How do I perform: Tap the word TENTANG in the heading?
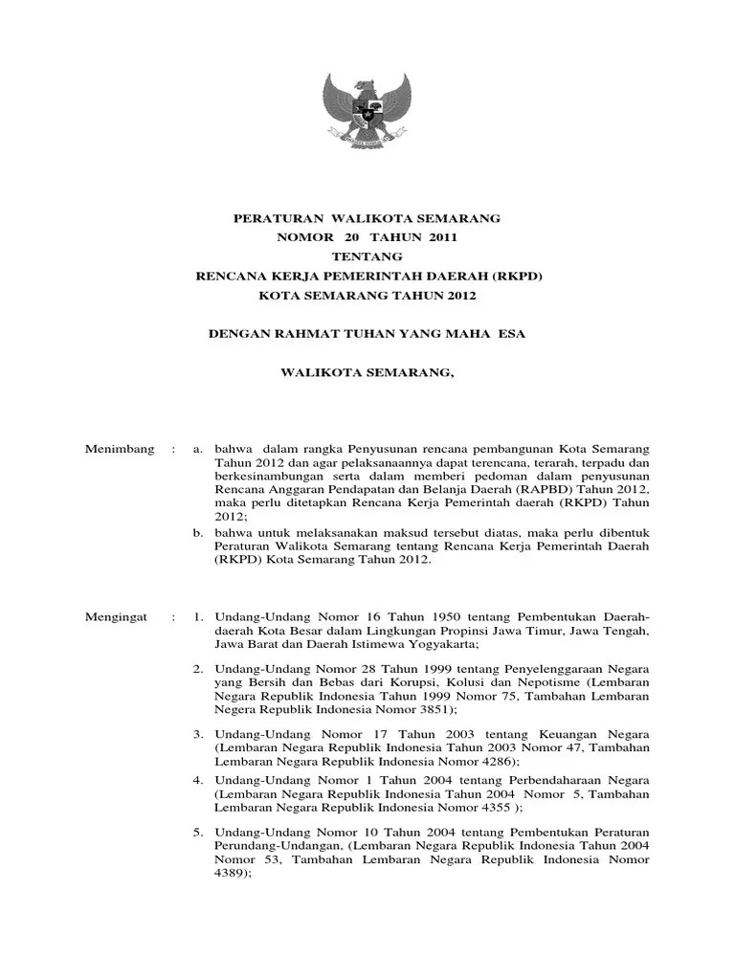tap(367, 257)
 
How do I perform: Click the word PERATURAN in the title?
tap(272, 219)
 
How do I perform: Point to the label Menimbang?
tap(120, 449)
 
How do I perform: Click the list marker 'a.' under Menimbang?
tap(199, 449)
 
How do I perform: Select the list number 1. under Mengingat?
tap(198, 617)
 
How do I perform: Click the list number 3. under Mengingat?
tap(198, 732)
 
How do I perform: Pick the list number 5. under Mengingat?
tap(198, 824)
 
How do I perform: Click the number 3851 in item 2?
tap(434, 710)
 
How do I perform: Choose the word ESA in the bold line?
tap(512, 334)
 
